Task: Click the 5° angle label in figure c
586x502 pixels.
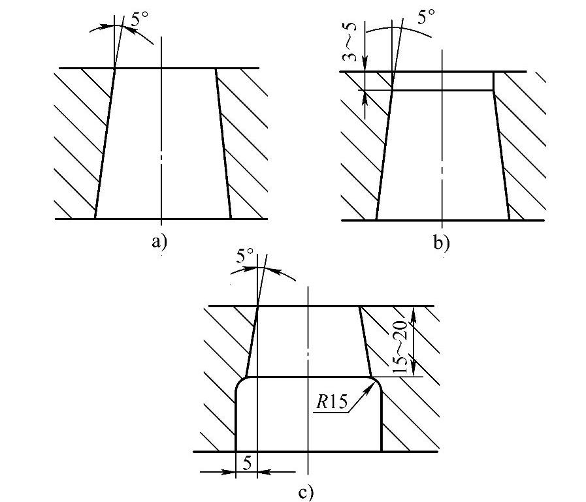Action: pyautogui.click(x=245, y=257)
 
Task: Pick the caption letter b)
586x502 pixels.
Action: pyautogui.click(x=442, y=244)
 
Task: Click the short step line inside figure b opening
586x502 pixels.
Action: pyautogui.click(x=442, y=90)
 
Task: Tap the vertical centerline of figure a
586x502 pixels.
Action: pyautogui.click(x=161, y=131)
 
